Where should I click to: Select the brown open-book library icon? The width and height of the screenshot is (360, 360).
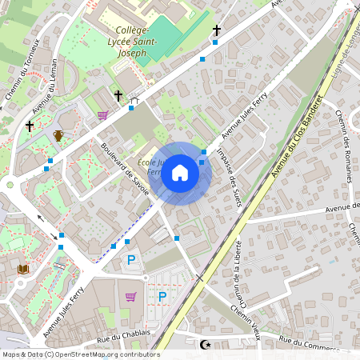click(x=22, y=270)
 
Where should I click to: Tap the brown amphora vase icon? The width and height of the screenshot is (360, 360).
click(x=58, y=135)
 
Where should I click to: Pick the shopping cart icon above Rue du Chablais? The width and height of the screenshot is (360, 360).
click(x=130, y=297)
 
